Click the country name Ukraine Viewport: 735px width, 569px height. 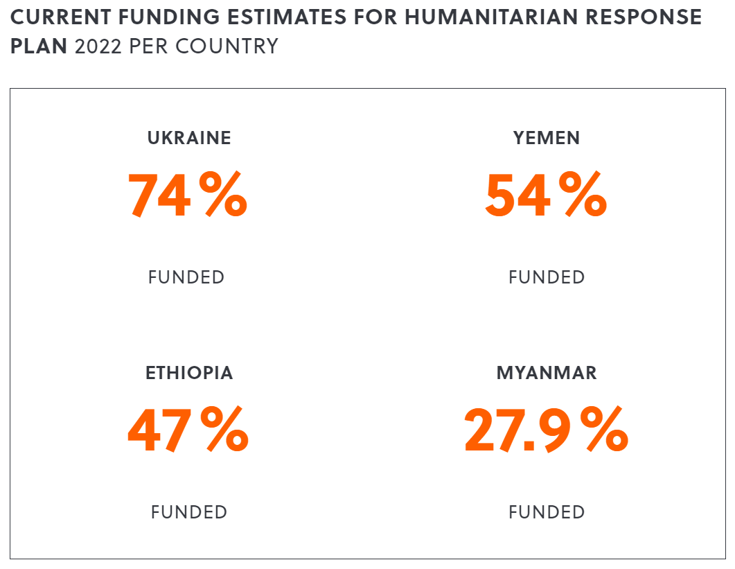[x=189, y=138]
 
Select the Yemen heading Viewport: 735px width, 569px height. [x=547, y=138]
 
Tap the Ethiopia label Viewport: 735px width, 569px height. [x=189, y=373]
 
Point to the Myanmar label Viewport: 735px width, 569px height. [x=547, y=373]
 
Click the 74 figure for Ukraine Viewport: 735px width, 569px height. [x=159, y=196]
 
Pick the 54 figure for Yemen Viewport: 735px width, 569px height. [x=517, y=196]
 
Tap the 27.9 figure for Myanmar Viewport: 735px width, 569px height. [x=519, y=431]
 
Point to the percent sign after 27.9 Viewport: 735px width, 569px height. [x=604, y=431]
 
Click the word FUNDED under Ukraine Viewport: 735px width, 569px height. [x=186, y=277]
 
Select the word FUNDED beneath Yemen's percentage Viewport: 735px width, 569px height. [x=547, y=277]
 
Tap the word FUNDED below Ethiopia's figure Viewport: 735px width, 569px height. [x=189, y=512]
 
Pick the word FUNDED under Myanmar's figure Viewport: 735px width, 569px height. [x=547, y=512]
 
